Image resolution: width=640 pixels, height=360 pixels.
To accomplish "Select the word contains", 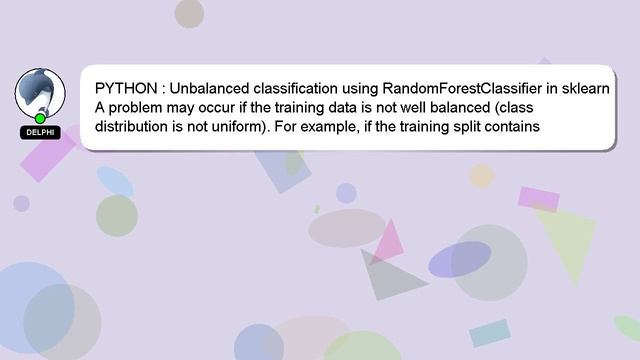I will [x=513, y=127].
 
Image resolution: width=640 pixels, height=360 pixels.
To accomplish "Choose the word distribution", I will [x=131, y=127].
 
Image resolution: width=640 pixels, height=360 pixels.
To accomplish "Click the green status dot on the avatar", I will [x=40, y=118].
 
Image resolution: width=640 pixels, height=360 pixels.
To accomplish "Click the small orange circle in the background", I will [x=482, y=176].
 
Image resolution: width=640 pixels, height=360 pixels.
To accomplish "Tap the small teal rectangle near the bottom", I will [x=490, y=332].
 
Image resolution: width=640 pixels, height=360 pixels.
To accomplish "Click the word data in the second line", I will [x=343, y=107].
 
